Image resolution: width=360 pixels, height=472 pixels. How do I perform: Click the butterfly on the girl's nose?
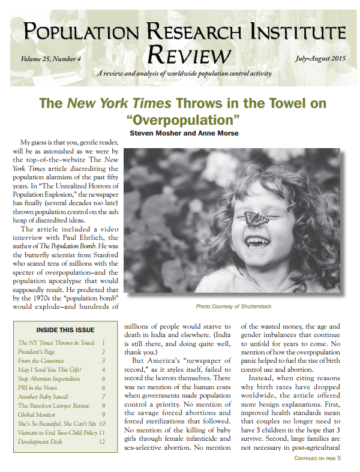click(257, 218)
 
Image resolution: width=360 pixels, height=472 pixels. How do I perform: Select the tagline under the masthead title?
click(184, 74)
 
